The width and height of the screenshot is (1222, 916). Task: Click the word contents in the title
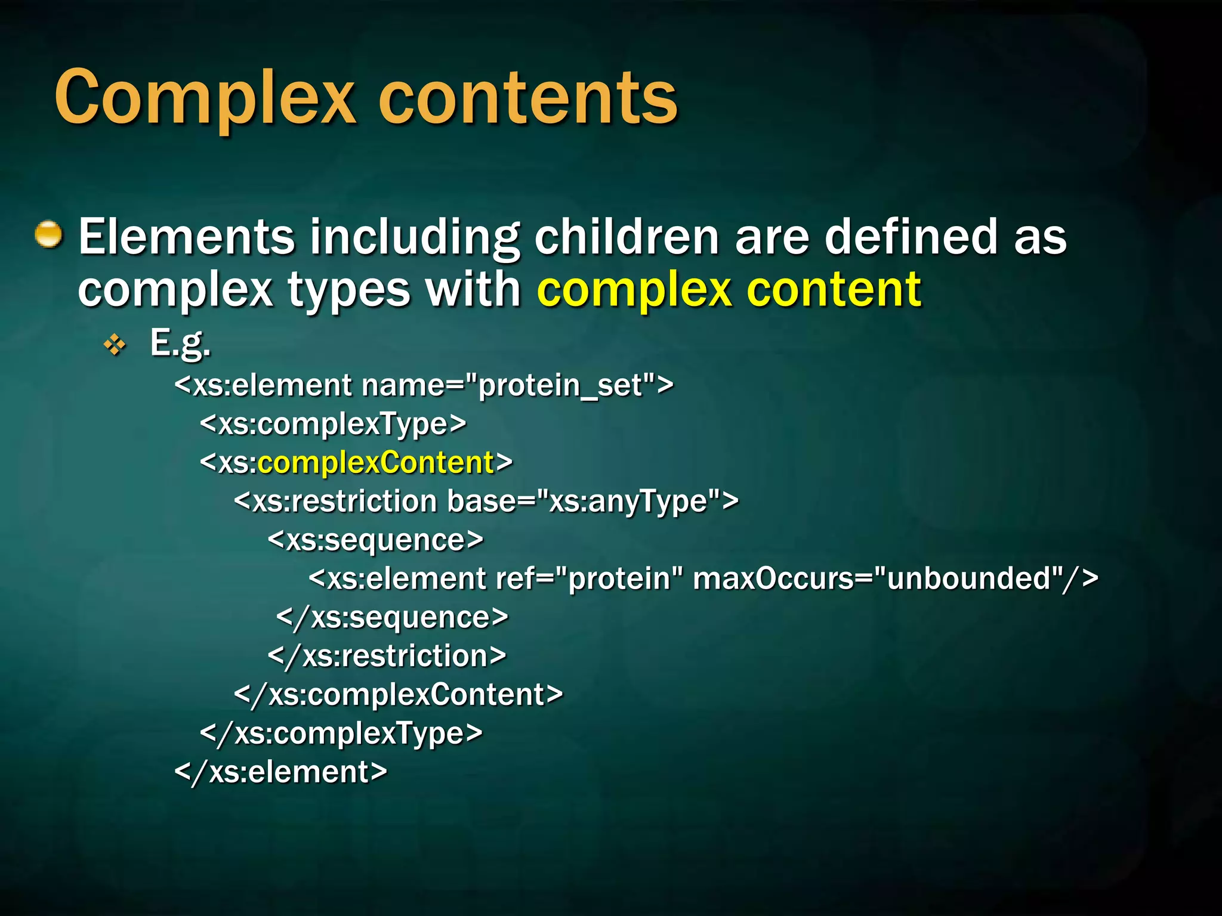(527, 98)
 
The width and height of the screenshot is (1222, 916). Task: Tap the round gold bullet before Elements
(48, 234)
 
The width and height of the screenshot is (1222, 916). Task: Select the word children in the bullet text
(627, 237)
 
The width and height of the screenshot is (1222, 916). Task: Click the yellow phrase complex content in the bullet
(729, 290)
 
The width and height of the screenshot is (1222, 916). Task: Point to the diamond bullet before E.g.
(115, 345)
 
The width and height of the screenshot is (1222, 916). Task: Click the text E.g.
(180, 343)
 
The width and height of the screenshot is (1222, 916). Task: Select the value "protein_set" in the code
(561, 385)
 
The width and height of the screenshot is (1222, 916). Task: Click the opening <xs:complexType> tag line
(333, 424)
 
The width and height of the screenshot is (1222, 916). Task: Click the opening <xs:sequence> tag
(375, 540)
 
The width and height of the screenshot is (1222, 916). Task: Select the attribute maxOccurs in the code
(773, 578)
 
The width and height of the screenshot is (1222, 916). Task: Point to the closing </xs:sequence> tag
(393, 617)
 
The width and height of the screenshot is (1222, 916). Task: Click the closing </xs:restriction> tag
(387, 656)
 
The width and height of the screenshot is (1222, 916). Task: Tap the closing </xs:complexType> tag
(341, 733)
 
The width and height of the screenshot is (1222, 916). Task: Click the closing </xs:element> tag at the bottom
(280, 772)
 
